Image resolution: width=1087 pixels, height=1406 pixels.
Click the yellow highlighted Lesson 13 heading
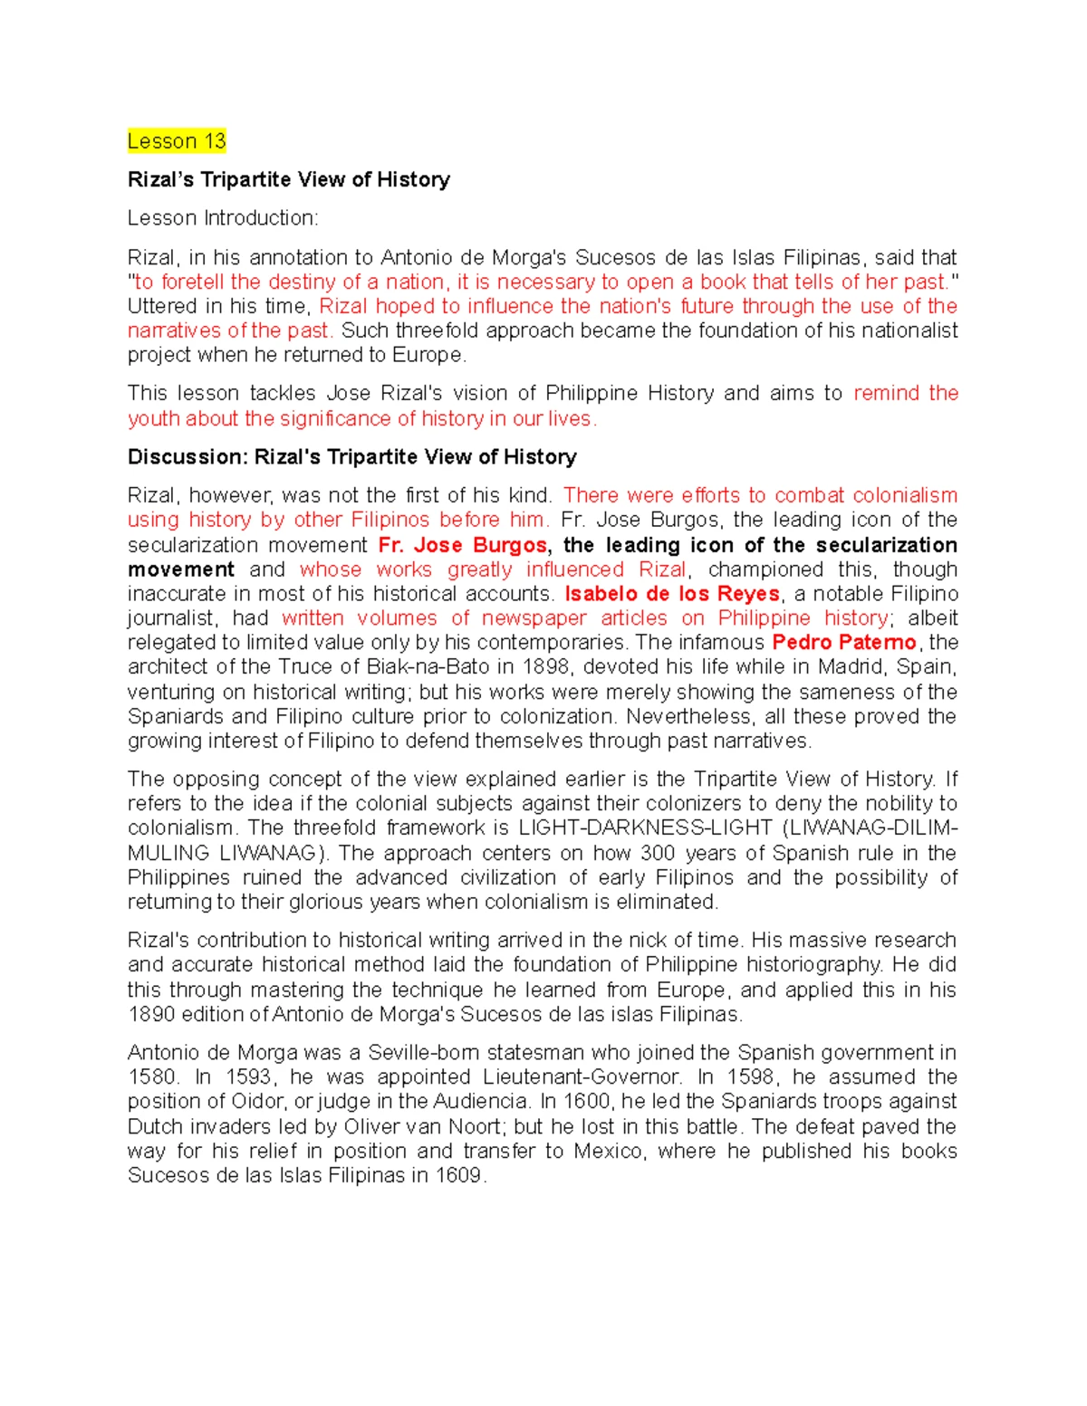(177, 141)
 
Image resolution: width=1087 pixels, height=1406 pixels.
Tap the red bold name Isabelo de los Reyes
(671, 594)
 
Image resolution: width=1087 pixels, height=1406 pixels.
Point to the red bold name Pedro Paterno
(844, 643)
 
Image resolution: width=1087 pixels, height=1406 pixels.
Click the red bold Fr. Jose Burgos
(462, 545)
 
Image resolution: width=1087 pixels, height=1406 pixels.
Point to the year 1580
(151, 1077)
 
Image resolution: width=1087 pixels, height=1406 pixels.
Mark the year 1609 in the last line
(458, 1176)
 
